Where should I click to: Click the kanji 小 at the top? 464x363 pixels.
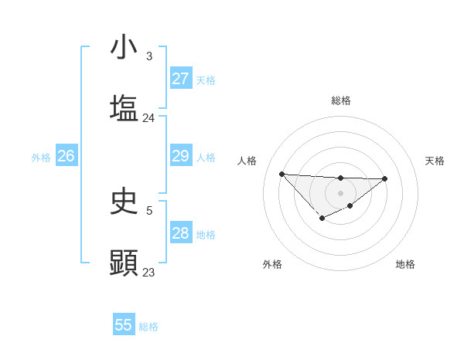[125, 48]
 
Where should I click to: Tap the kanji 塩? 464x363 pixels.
[125, 107]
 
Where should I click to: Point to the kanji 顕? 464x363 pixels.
[125, 262]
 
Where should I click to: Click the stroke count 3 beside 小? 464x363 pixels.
[149, 56]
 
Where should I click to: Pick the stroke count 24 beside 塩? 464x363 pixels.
[148, 118]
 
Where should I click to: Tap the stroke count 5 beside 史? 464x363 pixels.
[149, 209]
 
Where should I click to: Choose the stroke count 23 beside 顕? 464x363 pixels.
[148, 272]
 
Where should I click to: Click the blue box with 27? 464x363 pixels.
[180, 79]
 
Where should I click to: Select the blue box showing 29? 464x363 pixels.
[180, 156]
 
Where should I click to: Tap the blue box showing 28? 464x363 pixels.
[180, 233]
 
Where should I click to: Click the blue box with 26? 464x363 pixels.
[66, 156]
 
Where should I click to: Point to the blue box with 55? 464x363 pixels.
[124, 325]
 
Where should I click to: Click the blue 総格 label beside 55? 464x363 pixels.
[148, 327]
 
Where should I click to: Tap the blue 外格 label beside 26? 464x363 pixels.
[41, 158]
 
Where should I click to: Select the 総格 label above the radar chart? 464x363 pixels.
[340, 100]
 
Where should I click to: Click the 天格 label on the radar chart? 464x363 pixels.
[435, 161]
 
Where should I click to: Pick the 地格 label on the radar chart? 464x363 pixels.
[405, 264]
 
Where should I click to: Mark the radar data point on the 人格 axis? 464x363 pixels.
[282, 174]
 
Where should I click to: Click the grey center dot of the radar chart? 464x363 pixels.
[340, 192]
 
